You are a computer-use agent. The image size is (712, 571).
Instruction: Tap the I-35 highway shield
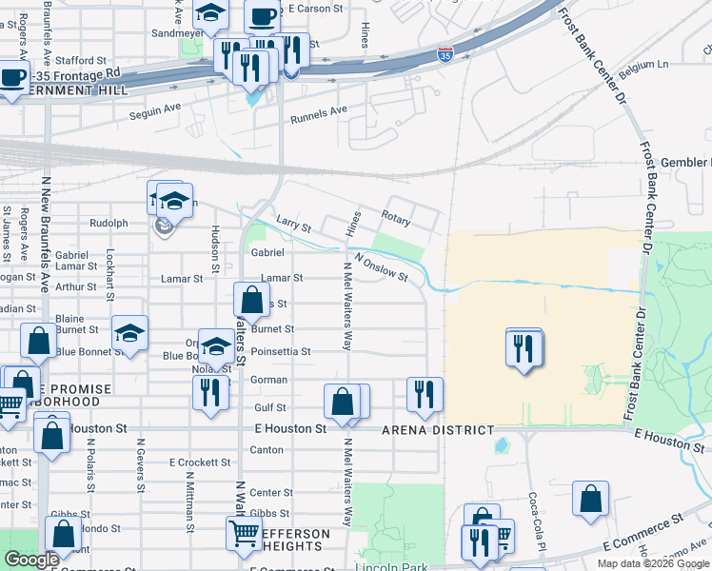click(445, 56)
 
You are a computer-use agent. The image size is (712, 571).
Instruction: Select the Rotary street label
click(396, 220)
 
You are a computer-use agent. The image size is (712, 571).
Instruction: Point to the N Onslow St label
click(381, 267)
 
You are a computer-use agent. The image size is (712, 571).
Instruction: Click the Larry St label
click(293, 225)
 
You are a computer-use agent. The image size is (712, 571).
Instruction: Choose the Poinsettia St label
click(281, 351)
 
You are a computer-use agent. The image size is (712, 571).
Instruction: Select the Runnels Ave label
click(319, 112)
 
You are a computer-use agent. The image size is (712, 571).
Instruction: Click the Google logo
click(31, 561)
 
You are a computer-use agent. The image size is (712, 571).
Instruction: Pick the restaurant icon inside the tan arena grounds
click(524, 348)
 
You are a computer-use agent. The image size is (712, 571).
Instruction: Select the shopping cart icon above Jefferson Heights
click(244, 535)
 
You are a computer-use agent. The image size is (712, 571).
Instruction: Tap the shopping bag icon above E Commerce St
click(591, 499)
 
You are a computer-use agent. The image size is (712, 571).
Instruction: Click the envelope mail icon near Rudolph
click(163, 226)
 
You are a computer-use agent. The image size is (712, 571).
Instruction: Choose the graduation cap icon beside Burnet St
click(129, 333)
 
